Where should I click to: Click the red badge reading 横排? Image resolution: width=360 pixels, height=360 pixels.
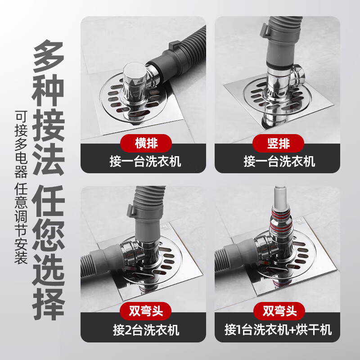point(146,144)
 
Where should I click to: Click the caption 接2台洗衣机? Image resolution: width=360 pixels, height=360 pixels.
point(146,330)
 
